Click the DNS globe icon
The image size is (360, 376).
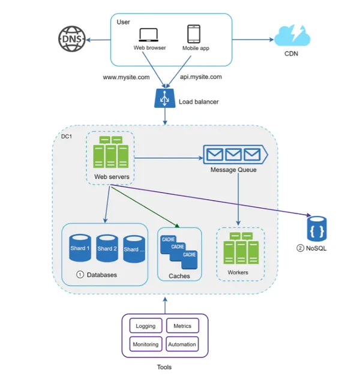coord(71,40)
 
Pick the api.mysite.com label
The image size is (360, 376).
coord(201,77)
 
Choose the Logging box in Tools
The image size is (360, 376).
coord(146,326)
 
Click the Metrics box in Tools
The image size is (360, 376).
coord(182,326)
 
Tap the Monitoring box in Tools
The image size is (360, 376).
coord(146,344)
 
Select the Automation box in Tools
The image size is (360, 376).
coord(182,344)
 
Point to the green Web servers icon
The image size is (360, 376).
coord(110,152)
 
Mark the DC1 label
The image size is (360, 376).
coord(67,137)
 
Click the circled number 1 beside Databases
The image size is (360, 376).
coord(79,275)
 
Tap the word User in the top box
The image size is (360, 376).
coord(124,22)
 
